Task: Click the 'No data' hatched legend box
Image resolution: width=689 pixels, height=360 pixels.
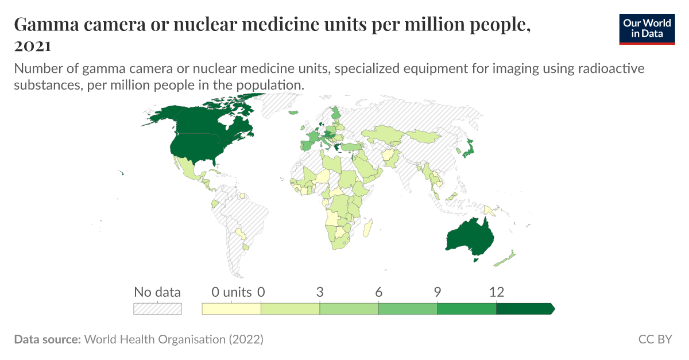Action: pyautogui.click(x=157, y=309)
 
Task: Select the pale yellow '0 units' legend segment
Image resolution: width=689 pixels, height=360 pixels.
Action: pyautogui.click(x=231, y=309)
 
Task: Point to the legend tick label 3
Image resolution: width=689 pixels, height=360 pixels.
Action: pyautogui.click(x=320, y=292)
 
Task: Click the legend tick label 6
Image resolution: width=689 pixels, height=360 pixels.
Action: pyautogui.click(x=379, y=292)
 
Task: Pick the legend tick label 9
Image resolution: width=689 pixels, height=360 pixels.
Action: pyautogui.click(x=438, y=292)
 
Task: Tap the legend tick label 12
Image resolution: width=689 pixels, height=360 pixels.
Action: pyautogui.click(x=496, y=292)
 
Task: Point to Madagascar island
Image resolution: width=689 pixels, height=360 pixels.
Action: pyautogui.click(x=369, y=227)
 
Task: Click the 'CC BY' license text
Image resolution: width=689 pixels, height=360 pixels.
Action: pyautogui.click(x=655, y=339)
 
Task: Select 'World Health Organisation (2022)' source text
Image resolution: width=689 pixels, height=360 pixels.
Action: pyautogui.click(x=173, y=339)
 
